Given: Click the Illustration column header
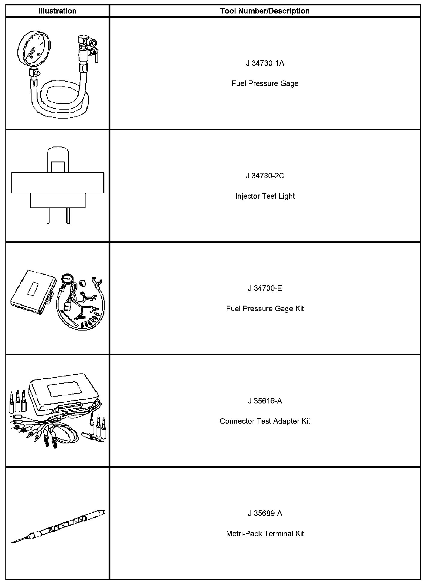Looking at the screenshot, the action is [x=57, y=11].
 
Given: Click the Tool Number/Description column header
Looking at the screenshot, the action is [x=265, y=11].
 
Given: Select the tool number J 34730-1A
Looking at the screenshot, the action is [x=265, y=63].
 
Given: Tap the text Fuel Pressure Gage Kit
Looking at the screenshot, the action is [x=265, y=309].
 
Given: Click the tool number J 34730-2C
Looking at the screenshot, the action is [x=265, y=176].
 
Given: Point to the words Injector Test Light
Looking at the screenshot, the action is [x=265, y=196].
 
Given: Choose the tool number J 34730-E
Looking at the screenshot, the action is [x=265, y=288].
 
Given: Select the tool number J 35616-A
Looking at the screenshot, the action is [x=265, y=401].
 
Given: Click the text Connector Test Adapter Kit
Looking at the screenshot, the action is [x=265, y=421].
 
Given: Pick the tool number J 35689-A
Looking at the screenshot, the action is [x=265, y=514].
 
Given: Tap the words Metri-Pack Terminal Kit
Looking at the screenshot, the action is [x=265, y=534].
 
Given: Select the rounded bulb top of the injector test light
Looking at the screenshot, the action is [x=58, y=153].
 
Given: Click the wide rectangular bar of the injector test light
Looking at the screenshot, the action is [x=58, y=183].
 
